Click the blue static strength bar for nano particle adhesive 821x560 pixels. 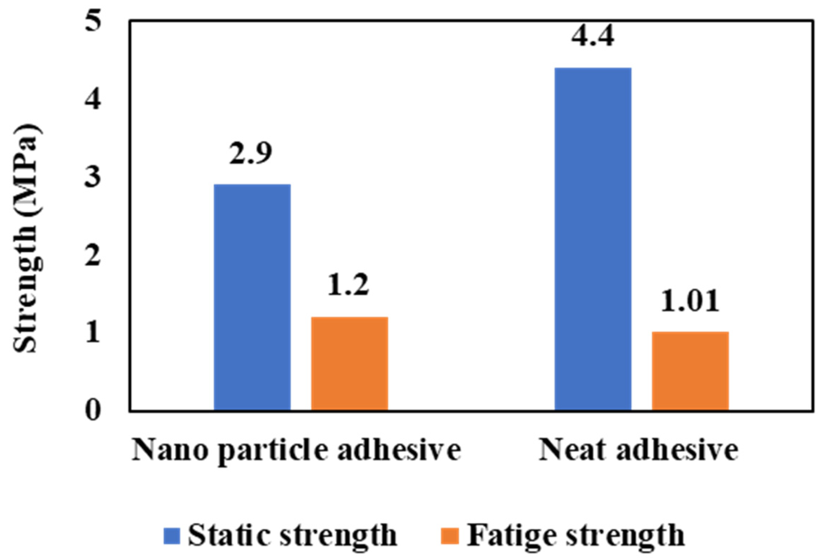252,297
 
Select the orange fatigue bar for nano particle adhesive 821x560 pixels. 349,363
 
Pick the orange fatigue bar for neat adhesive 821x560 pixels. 690,371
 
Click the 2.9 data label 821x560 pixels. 251,153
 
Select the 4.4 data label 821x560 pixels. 592,37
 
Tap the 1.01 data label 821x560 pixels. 690,301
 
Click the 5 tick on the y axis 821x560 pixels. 93,22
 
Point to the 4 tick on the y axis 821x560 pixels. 93,100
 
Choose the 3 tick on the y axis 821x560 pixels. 93,178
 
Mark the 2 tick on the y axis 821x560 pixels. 93,256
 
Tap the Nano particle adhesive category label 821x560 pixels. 296,450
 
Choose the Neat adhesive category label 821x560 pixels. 638,450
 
